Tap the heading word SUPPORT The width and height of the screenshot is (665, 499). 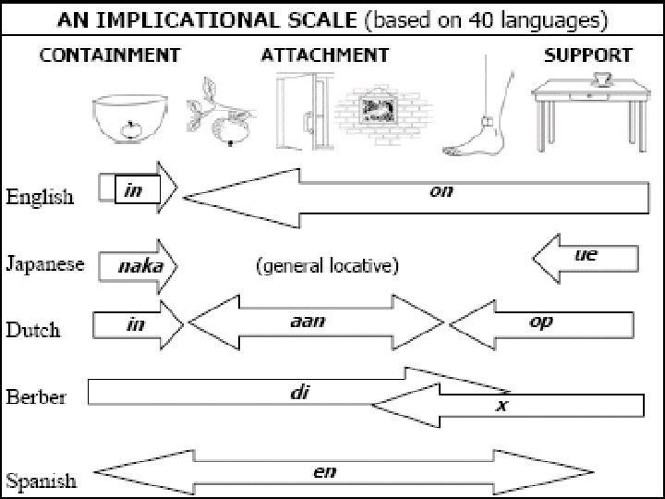coord(587,55)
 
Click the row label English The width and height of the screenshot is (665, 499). coord(40,197)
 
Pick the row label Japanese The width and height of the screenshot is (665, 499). coord(44,265)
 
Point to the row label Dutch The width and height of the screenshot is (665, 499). coord(33,330)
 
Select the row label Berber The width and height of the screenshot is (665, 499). coord(35,397)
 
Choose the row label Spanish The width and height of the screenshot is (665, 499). coord(41,481)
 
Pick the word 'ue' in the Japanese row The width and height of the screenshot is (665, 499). coord(586,254)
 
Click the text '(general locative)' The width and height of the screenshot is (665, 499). coord(326,267)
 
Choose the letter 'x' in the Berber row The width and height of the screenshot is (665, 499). coord(502,406)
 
